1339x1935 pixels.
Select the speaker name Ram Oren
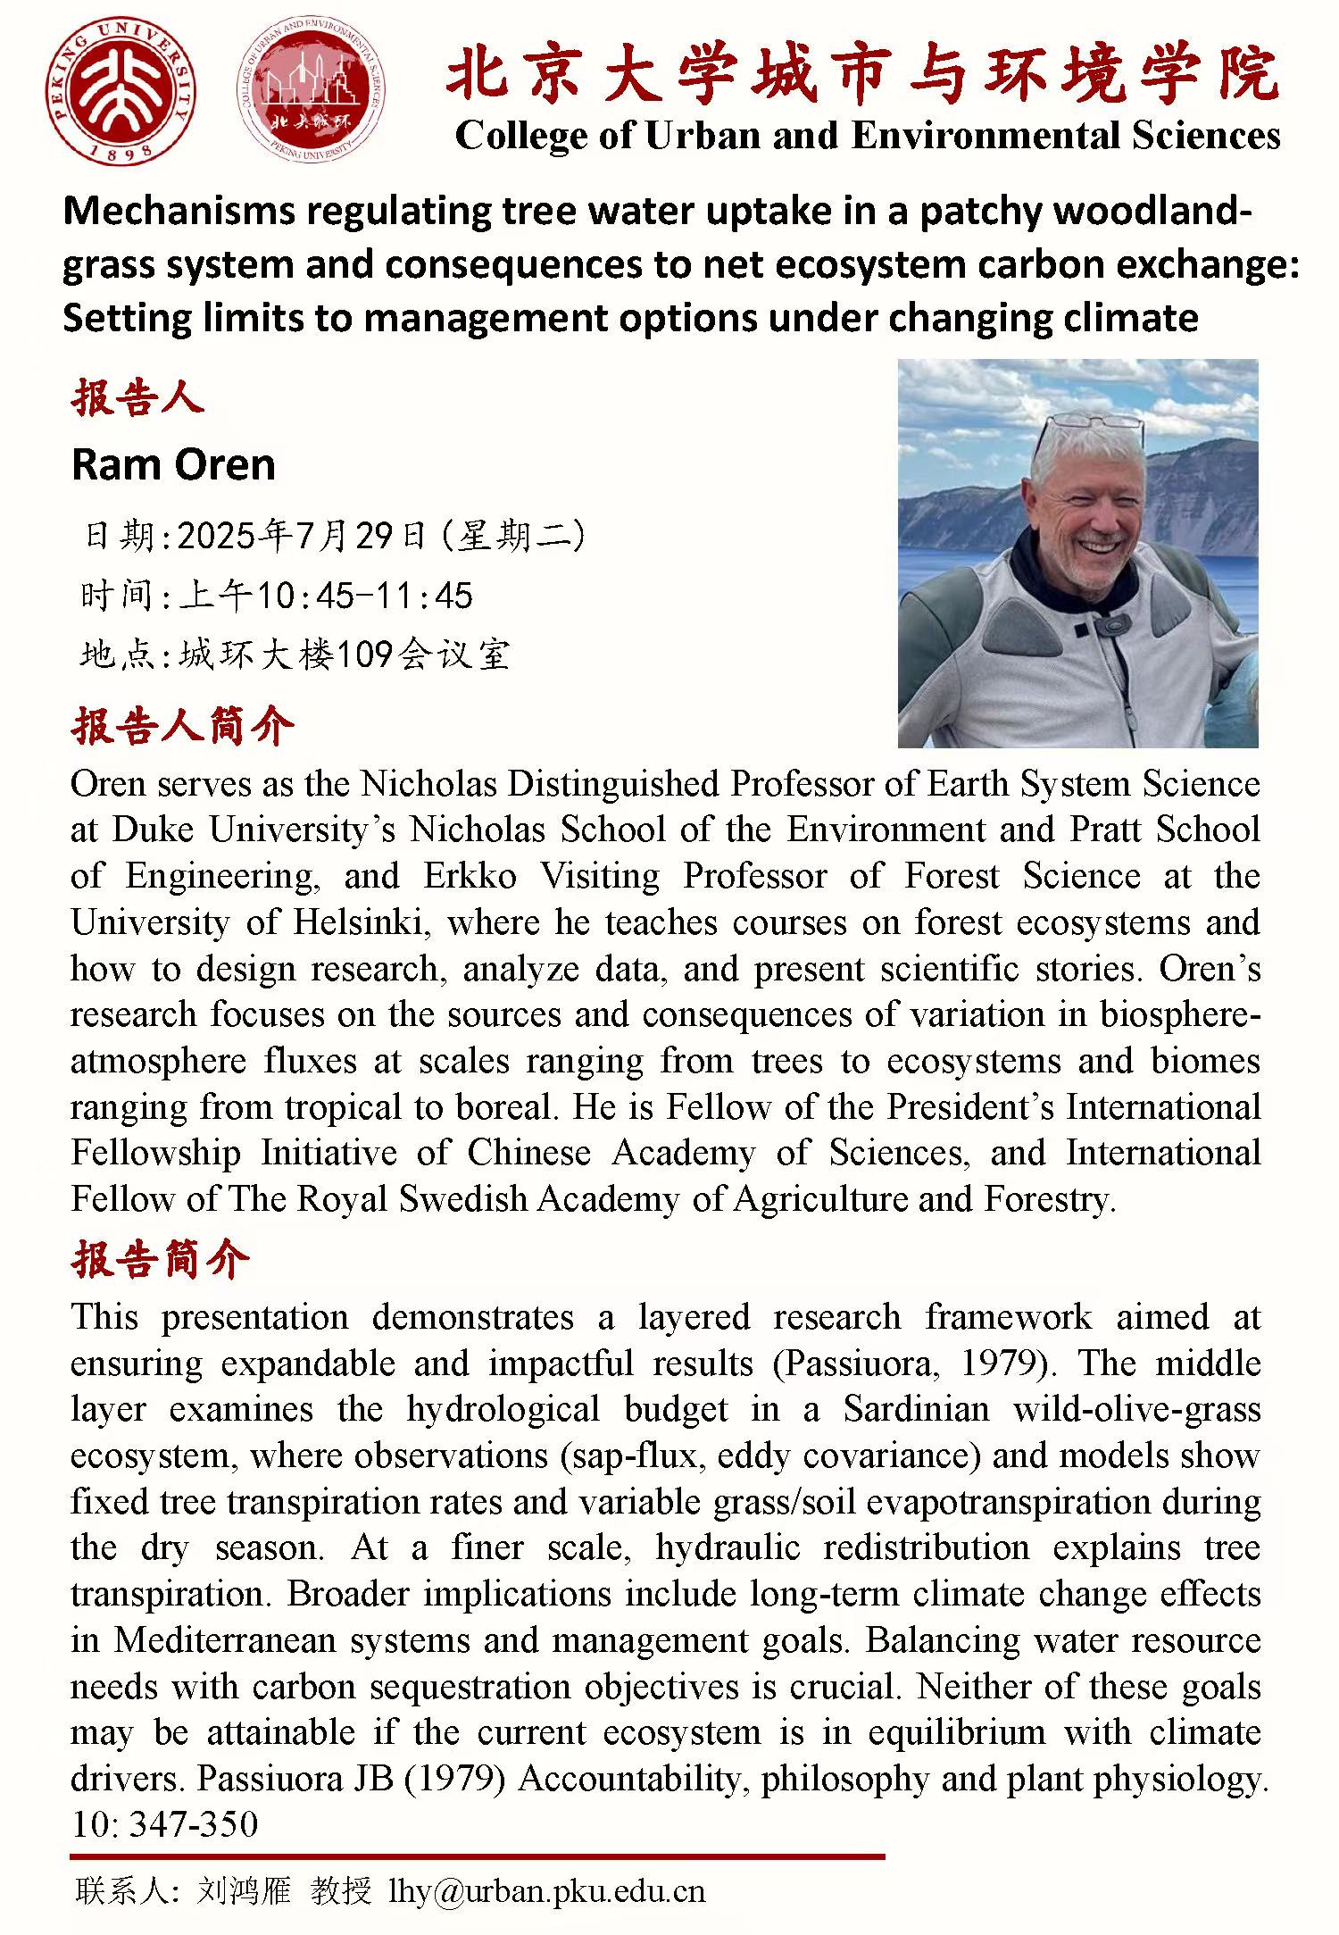coord(173,465)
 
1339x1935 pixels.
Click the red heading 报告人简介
coord(183,727)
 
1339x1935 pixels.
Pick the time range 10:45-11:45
coord(365,596)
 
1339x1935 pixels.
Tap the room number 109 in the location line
coord(365,655)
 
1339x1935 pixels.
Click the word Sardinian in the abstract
coord(917,1409)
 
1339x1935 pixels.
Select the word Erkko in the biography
coord(470,876)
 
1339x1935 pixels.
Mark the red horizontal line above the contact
coord(478,1856)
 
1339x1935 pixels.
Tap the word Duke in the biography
coord(153,830)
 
